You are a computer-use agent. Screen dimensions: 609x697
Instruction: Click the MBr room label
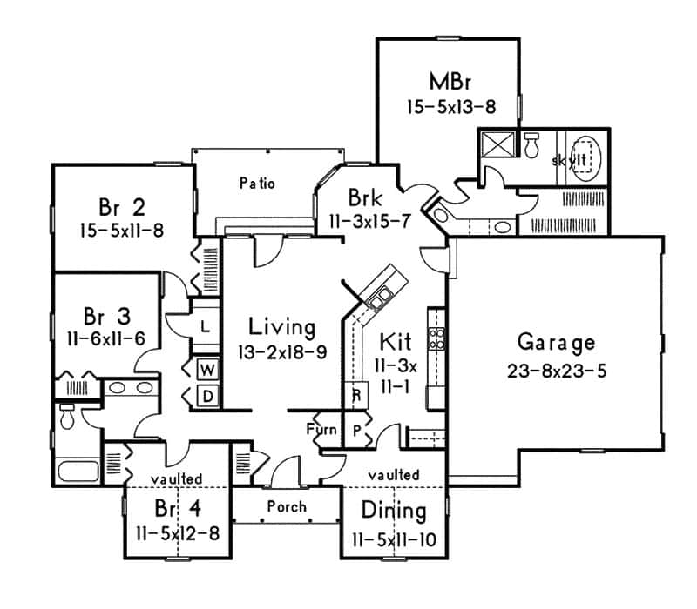(x=450, y=83)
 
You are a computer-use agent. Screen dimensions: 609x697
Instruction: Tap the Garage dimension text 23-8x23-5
(x=556, y=369)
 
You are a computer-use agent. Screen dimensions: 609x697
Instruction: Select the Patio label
(x=257, y=184)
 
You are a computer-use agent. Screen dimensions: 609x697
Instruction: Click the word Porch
(x=287, y=506)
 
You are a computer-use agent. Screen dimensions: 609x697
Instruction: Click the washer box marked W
(x=209, y=369)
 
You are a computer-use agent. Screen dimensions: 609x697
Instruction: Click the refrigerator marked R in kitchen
(x=355, y=393)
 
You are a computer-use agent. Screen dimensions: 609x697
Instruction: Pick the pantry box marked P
(x=356, y=428)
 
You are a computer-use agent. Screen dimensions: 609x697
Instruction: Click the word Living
(x=281, y=327)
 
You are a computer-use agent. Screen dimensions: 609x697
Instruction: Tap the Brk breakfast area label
(x=362, y=195)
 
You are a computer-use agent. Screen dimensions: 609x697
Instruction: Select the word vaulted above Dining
(x=393, y=475)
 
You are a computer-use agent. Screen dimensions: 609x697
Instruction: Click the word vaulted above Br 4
(x=176, y=478)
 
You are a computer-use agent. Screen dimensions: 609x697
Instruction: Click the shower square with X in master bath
(x=498, y=144)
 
